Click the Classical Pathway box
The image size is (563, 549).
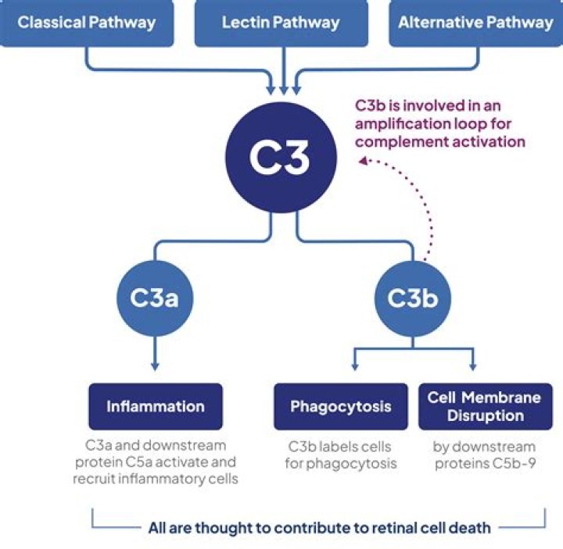(86, 22)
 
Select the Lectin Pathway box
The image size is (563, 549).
(281, 22)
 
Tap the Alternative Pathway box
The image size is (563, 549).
(475, 22)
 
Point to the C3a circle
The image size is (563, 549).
(155, 298)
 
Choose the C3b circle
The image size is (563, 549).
(412, 298)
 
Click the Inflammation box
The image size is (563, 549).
(156, 406)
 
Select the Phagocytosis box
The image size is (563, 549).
(340, 406)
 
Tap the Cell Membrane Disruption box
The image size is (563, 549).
(484, 406)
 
